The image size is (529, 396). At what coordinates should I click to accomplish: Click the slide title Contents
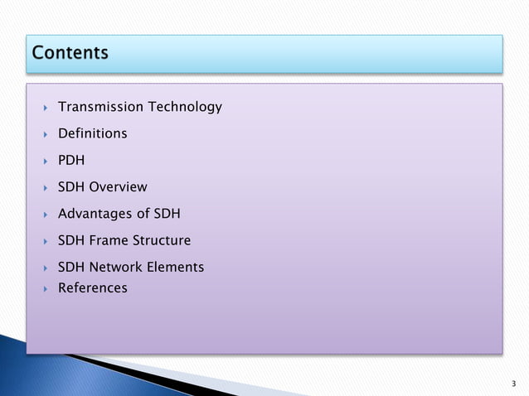[70, 53]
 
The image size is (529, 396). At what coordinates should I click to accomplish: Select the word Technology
[184, 107]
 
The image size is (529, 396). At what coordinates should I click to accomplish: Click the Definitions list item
[92, 133]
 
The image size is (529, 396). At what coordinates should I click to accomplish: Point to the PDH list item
[71, 161]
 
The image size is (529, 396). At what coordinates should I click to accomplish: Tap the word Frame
[109, 241]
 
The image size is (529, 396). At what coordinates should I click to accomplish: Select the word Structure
[162, 241]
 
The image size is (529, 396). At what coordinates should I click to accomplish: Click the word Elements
[175, 267]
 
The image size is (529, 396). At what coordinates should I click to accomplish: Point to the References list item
[92, 288]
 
